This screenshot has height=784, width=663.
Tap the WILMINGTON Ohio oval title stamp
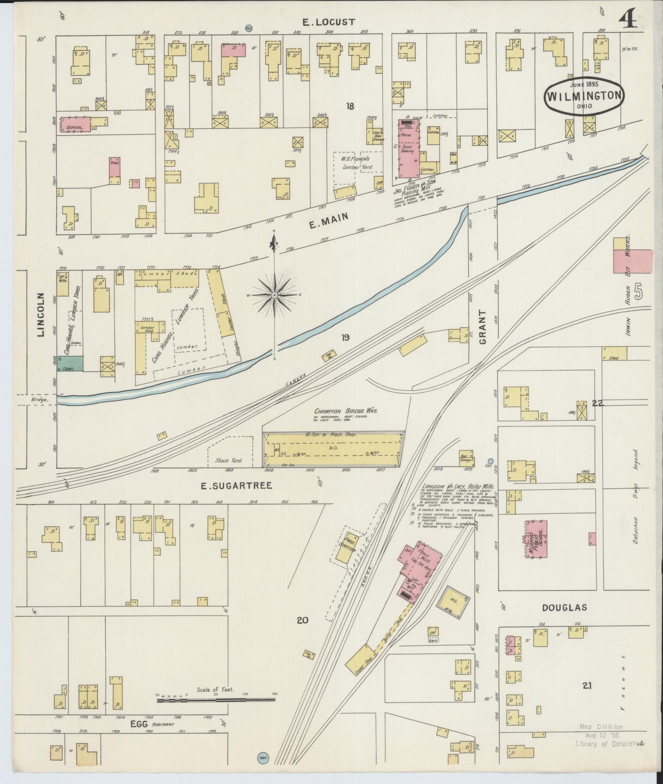click(x=584, y=97)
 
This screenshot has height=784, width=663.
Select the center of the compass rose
click(x=274, y=295)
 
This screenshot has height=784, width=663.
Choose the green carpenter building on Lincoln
click(x=70, y=364)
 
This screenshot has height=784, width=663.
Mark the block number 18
click(x=350, y=106)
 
